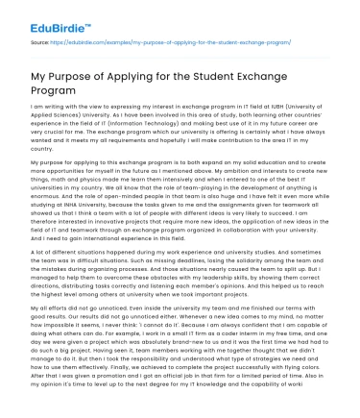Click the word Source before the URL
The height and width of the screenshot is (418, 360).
click(40, 42)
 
